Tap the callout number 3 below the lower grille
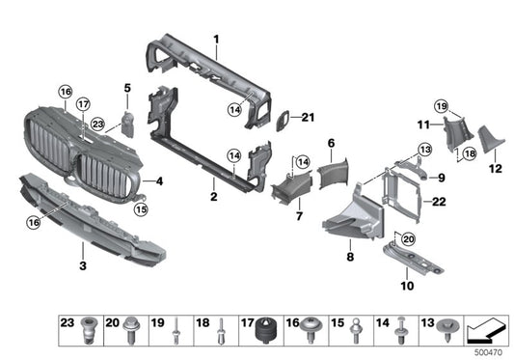click(83, 263)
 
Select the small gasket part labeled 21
click(284, 122)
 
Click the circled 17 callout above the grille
click(83, 104)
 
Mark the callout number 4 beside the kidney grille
click(159, 180)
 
